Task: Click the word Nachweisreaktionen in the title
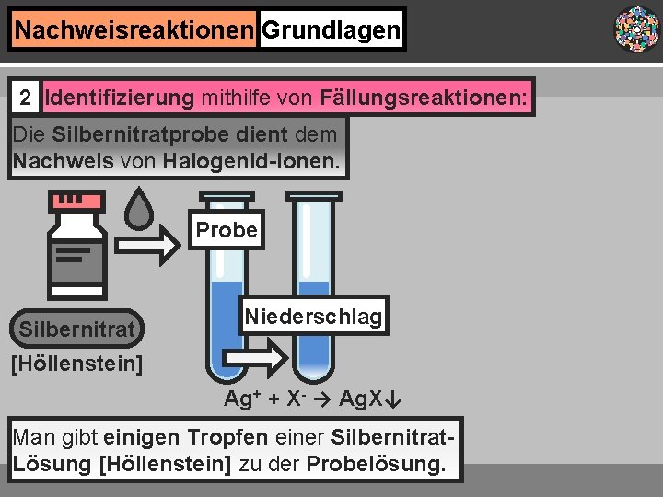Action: pos(134,30)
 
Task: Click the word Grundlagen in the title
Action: pos(331,30)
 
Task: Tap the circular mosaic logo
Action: pos(636,29)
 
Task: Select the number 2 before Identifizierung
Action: pos(28,97)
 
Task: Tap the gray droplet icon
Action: pos(139,209)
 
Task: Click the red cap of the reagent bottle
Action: pos(77,200)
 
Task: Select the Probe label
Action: pos(227,229)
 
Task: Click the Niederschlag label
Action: pos(313,317)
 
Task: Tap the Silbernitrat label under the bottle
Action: pos(76,329)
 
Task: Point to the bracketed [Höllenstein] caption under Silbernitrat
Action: pos(76,364)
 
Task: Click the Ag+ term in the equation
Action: pos(244,399)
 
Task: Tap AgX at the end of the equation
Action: pos(363,399)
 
